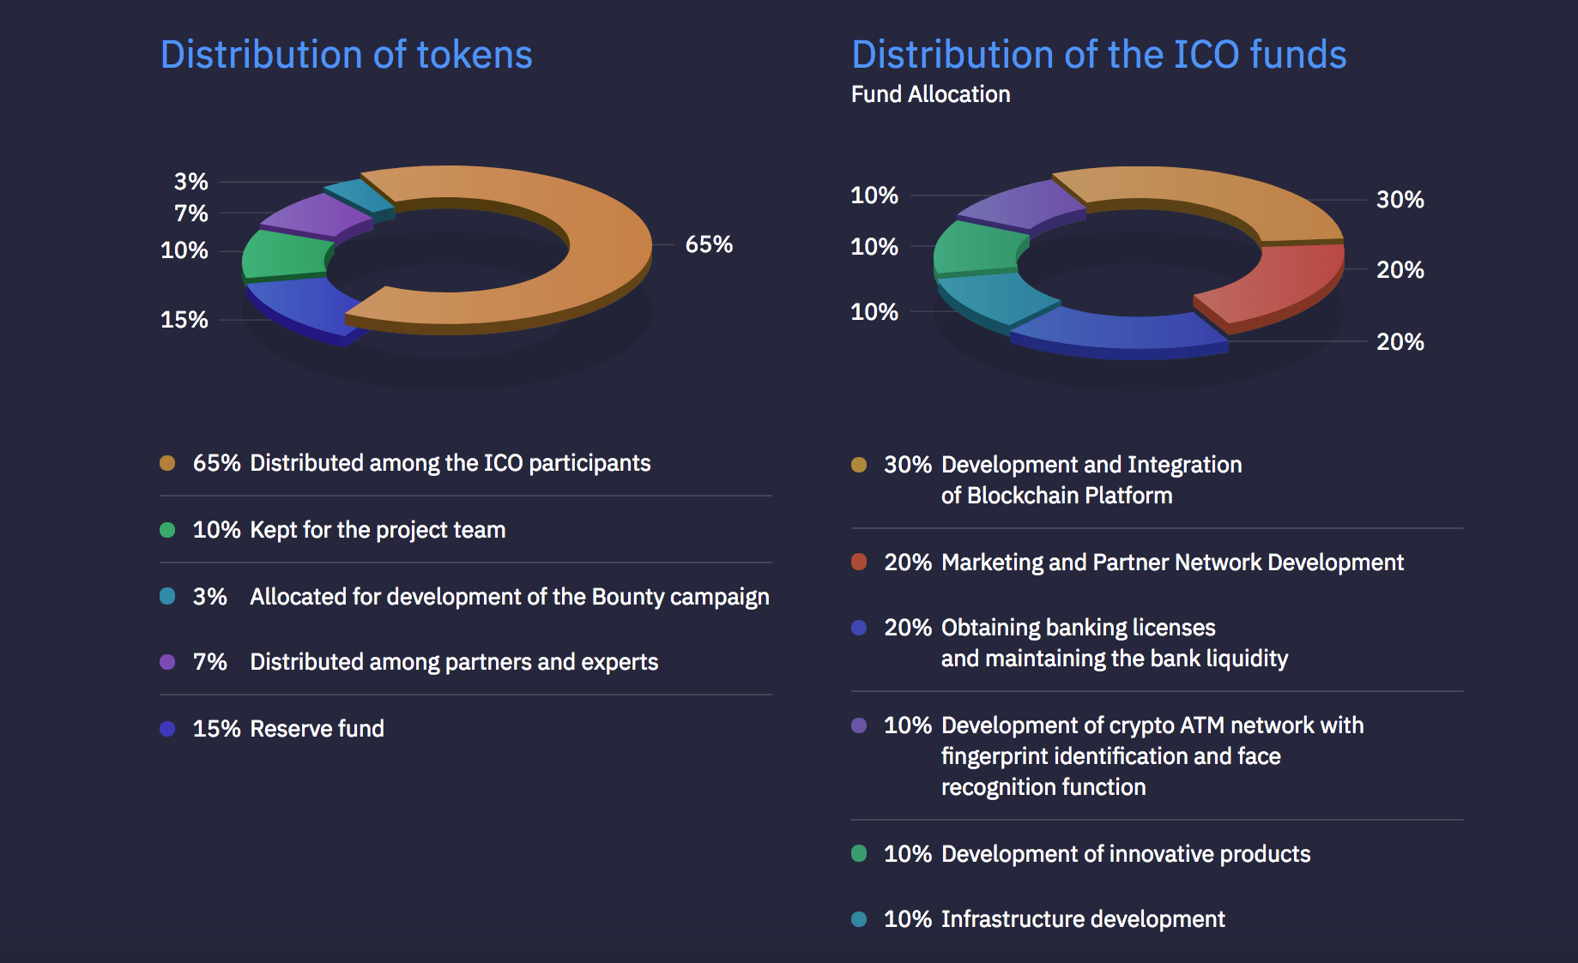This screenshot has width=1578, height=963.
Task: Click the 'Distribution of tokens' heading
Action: pos(346,55)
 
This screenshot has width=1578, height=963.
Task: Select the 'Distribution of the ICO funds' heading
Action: pos(1098,55)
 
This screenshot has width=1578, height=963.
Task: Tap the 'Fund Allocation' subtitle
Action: pos(930,94)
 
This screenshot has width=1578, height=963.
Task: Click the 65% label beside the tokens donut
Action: pos(709,244)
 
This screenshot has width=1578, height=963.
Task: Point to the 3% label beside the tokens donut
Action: pos(190,182)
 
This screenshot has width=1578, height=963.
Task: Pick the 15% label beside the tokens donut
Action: pos(184,320)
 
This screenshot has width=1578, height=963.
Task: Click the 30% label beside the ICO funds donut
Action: pos(1400,200)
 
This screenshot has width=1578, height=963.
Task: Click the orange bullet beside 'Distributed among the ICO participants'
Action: pos(167,463)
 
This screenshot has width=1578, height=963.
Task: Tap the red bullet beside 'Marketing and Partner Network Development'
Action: pos(859,563)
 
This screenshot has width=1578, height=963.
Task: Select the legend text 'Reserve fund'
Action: pos(317,729)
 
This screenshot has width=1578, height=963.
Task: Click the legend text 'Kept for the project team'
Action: pos(378,530)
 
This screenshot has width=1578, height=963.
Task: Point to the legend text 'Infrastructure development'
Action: pos(1083,919)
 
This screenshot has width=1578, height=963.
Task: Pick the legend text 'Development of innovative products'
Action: pos(1126,854)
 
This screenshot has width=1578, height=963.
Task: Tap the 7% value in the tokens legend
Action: pos(209,662)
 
